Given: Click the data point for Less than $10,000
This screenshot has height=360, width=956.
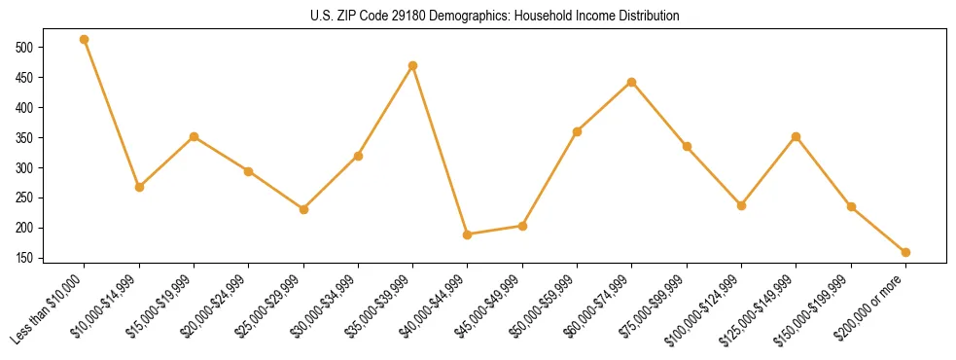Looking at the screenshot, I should coord(85,40).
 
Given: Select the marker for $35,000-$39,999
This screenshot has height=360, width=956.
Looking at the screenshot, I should coord(413,66).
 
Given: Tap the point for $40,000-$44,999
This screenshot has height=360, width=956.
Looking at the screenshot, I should coord(468,234).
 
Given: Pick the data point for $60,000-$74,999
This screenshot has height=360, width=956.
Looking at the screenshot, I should coord(632,82).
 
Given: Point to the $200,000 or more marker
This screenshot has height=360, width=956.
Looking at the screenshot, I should coord(905,252).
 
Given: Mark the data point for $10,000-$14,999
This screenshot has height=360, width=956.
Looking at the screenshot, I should coord(139,187).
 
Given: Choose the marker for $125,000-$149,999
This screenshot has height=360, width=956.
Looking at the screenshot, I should coord(797,137).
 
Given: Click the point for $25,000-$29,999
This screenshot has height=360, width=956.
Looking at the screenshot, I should coord(303,209).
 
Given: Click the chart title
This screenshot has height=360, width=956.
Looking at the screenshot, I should coord(494,17).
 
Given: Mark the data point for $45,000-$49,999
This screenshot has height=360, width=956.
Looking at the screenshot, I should coord(523,226).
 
